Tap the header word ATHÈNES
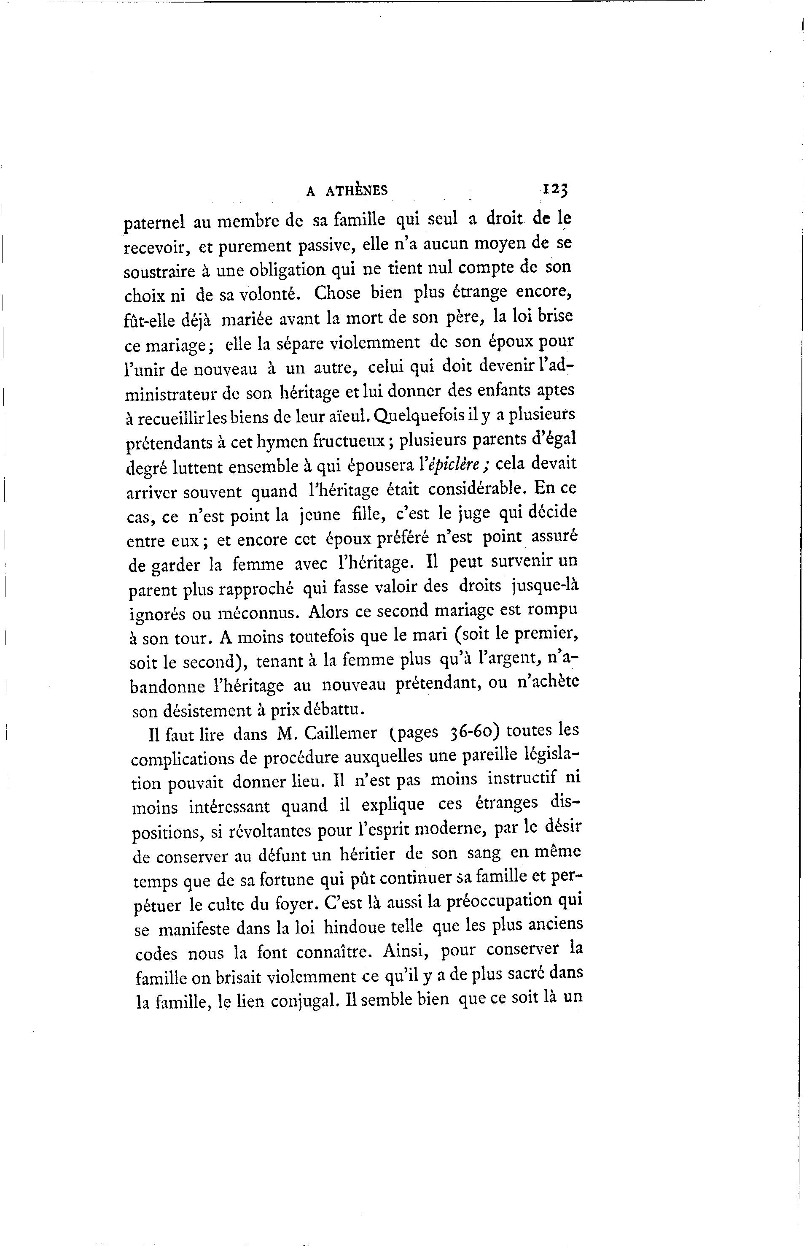click(357, 191)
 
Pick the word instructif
click(523, 779)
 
